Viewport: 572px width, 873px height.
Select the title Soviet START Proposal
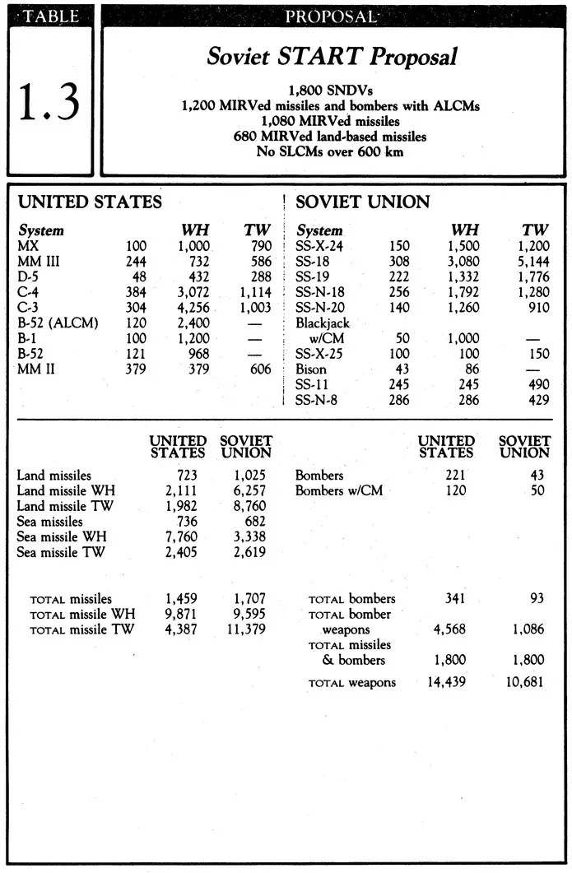(x=332, y=57)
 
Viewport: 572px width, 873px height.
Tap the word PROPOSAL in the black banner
(x=332, y=16)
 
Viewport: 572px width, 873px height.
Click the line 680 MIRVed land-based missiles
(x=332, y=136)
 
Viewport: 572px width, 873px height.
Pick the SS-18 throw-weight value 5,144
(x=533, y=261)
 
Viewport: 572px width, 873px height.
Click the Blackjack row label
(x=323, y=323)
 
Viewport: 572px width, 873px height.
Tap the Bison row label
(x=311, y=369)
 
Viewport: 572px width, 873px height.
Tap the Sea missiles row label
(x=49, y=522)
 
